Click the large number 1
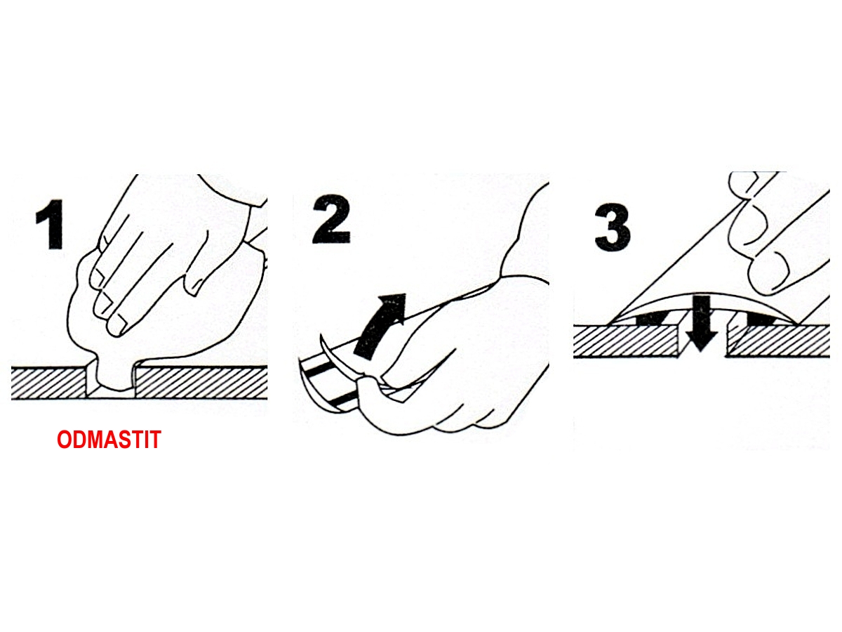(x=51, y=224)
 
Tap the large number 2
(x=331, y=220)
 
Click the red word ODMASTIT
(x=109, y=440)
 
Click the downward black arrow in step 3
(x=701, y=324)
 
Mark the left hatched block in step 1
(x=48, y=383)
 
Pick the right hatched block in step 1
(x=201, y=383)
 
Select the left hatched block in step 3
(x=626, y=341)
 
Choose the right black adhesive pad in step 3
(x=759, y=318)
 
